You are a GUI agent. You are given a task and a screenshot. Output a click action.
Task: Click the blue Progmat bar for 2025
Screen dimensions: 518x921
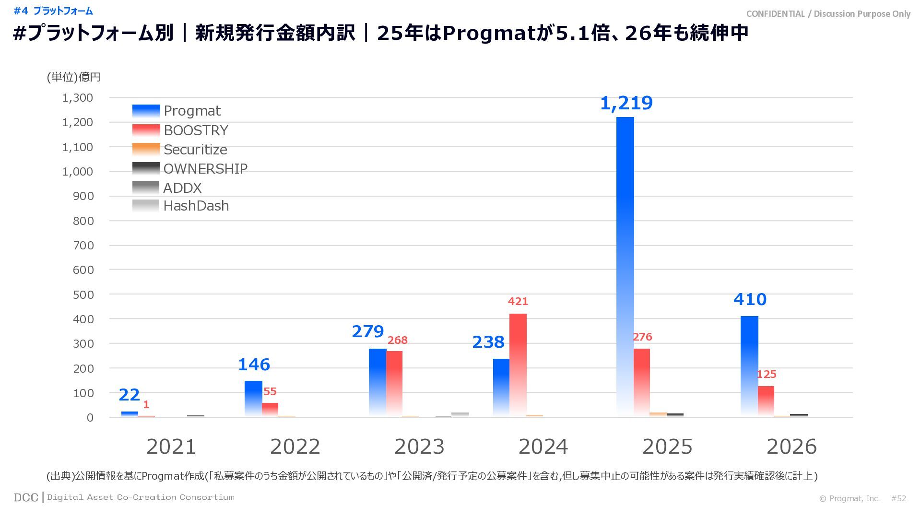click(x=625, y=266)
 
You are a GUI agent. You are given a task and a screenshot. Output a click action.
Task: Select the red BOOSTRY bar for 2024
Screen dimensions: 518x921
click(x=518, y=365)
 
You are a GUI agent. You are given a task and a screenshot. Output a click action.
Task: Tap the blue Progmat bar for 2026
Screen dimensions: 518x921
click(x=749, y=366)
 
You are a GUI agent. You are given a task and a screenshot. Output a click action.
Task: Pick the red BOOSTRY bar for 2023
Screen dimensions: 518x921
click(x=394, y=384)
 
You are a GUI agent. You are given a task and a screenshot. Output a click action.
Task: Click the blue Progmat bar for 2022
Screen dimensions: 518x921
click(x=253, y=399)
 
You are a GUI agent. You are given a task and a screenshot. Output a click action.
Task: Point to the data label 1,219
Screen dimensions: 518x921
click(x=626, y=103)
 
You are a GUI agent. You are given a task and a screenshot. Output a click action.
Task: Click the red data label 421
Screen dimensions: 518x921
click(x=518, y=302)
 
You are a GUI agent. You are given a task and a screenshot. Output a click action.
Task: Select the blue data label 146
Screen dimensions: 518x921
click(x=254, y=365)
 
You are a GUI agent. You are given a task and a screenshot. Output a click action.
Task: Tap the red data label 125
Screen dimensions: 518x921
click(x=766, y=375)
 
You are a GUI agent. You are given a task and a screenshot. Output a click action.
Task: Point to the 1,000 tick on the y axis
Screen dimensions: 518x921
click(x=78, y=172)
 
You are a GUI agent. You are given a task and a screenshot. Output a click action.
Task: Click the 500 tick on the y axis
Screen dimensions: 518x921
click(x=83, y=294)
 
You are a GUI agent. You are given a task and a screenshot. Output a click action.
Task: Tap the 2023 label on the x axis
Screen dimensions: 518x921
click(x=419, y=447)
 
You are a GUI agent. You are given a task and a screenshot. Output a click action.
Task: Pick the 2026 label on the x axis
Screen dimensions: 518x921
click(x=791, y=447)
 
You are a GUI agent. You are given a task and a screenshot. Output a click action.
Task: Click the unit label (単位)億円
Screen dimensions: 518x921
click(x=73, y=77)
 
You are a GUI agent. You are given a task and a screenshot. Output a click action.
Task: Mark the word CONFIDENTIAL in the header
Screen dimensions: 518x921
click(x=775, y=14)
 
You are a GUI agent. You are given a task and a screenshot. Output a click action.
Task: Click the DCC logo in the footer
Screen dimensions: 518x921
click(x=26, y=498)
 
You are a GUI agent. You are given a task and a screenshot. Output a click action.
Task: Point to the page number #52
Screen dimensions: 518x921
click(x=898, y=499)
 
